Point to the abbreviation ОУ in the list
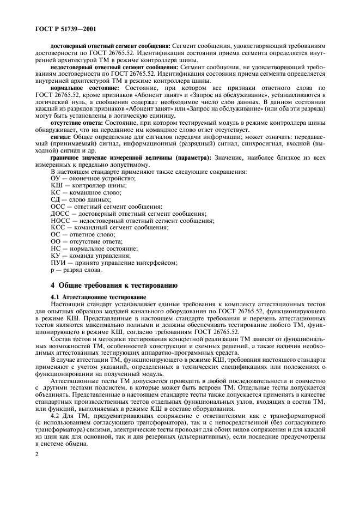click(x=55, y=178)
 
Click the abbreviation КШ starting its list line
click(x=56, y=185)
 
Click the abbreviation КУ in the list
click(x=55, y=256)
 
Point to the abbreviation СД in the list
click(x=55, y=199)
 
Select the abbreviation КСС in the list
click(x=57, y=227)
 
